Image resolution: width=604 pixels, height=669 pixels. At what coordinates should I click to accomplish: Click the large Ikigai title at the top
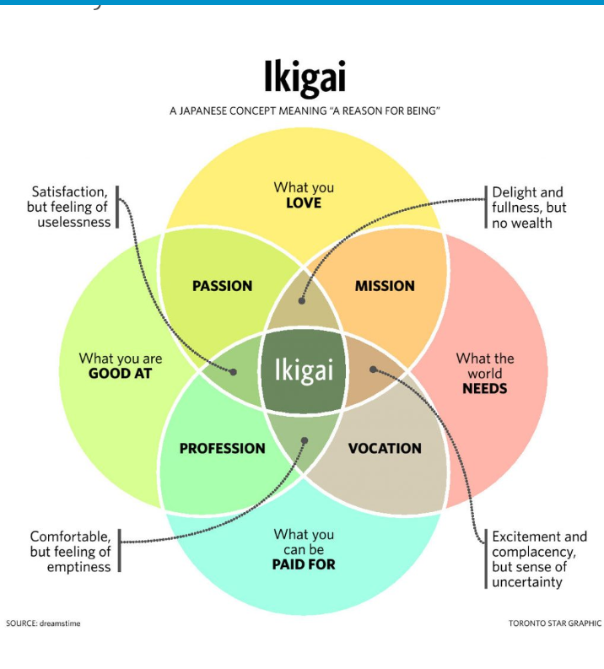point(304,78)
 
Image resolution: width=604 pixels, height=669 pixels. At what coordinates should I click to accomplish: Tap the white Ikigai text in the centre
point(304,370)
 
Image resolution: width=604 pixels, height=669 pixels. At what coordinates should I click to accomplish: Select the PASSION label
point(222,286)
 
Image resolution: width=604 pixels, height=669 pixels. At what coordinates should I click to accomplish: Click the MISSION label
point(385,286)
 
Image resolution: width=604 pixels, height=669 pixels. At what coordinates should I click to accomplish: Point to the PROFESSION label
point(222,449)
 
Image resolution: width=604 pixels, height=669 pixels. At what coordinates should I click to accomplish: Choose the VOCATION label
point(385,449)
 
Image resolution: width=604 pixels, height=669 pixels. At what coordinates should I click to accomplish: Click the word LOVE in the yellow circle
point(304,203)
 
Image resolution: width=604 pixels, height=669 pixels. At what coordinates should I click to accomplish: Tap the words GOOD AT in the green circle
point(121,374)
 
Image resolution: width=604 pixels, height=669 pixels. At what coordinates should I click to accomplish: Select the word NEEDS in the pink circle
point(485,389)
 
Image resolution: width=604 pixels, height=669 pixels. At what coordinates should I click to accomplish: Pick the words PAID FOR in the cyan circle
point(304,564)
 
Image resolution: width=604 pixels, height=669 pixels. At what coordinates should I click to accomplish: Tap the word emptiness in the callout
point(78,567)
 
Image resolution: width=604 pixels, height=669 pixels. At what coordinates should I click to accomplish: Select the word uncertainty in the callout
point(527,582)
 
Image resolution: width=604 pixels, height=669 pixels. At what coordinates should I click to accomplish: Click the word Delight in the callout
point(515,192)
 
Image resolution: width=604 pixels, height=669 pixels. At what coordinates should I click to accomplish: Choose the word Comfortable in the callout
point(70,537)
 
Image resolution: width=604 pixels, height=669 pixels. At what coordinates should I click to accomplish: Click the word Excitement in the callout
point(527,537)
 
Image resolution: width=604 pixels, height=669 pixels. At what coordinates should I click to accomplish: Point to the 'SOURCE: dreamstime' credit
point(43,623)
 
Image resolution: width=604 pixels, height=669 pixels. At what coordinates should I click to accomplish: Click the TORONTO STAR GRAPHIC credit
point(554,623)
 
